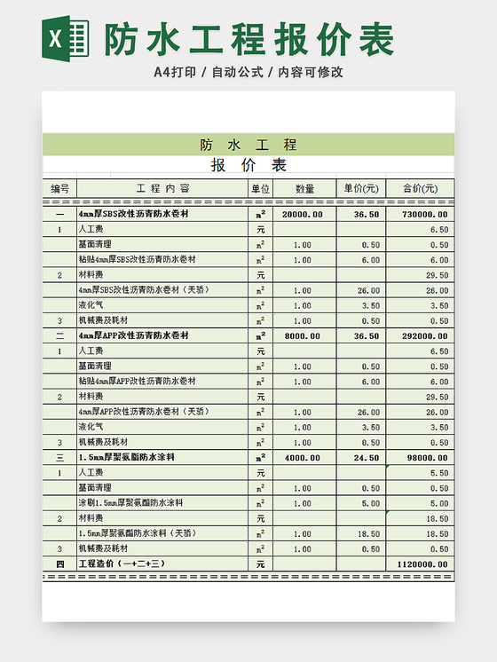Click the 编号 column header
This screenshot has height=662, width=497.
(x=59, y=188)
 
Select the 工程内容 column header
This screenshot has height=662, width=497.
(x=162, y=188)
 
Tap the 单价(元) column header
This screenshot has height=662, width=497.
(x=360, y=188)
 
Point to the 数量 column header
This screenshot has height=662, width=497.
(x=304, y=188)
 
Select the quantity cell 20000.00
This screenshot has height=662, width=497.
(x=302, y=215)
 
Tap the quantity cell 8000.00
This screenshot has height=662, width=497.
(x=302, y=336)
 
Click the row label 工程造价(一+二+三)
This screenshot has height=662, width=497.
(x=122, y=564)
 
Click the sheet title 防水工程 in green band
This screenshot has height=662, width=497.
(x=248, y=145)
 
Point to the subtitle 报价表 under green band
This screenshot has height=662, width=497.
(x=248, y=166)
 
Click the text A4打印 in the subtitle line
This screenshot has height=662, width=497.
(x=174, y=72)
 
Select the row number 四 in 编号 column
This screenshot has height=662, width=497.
(x=59, y=564)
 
